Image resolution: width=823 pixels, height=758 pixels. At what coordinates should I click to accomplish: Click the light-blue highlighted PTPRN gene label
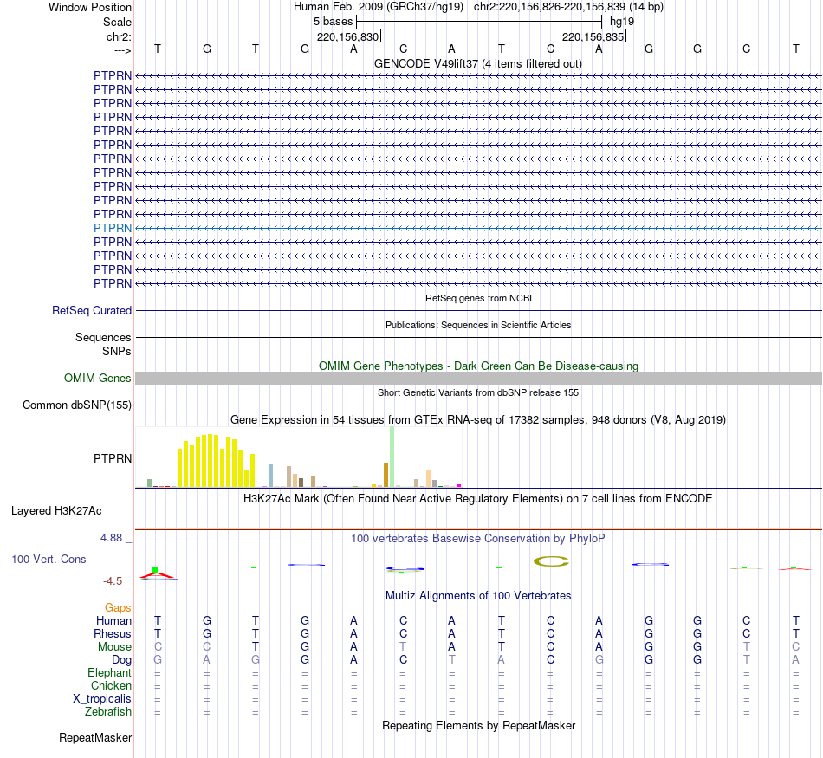(113, 228)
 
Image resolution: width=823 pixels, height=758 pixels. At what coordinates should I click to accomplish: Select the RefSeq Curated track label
(92, 310)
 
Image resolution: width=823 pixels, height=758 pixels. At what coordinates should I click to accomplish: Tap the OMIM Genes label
(98, 379)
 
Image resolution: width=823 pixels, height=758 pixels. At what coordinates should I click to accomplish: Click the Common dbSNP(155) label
(77, 405)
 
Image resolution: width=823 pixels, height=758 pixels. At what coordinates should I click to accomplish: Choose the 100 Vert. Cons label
(49, 560)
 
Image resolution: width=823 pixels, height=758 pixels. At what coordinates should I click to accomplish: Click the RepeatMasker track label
(95, 738)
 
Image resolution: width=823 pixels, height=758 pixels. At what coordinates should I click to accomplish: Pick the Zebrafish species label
(108, 712)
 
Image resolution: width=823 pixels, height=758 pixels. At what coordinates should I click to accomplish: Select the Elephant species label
(109, 673)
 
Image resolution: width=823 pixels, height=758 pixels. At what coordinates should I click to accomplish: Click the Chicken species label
(111, 686)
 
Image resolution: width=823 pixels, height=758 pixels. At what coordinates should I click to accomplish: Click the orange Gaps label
(118, 608)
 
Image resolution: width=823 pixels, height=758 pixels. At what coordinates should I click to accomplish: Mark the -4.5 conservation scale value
(115, 581)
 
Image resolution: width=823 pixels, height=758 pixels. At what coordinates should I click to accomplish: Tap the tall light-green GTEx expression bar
(392, 457)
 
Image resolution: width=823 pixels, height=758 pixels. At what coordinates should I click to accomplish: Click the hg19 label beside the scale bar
(622, 21)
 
